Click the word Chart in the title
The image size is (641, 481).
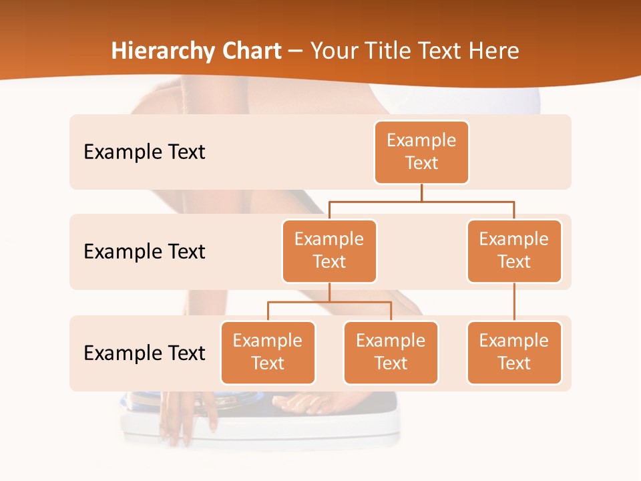point(254,51)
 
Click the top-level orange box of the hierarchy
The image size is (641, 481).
point(421,152)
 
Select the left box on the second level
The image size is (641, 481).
point(329,251)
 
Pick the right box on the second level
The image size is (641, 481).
point(514,251)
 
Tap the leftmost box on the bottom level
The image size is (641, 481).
point(268,353)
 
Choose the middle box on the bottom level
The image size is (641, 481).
point(391,353)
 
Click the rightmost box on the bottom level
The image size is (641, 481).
point(514,353)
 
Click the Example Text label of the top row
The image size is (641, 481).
point(144,152)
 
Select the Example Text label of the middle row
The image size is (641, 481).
point(144,252)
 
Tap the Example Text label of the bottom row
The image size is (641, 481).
point(144,353)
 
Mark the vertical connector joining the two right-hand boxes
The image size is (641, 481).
point(514,302)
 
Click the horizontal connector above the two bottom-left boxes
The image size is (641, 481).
point(329,302)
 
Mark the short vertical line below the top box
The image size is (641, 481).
point(421,192)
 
